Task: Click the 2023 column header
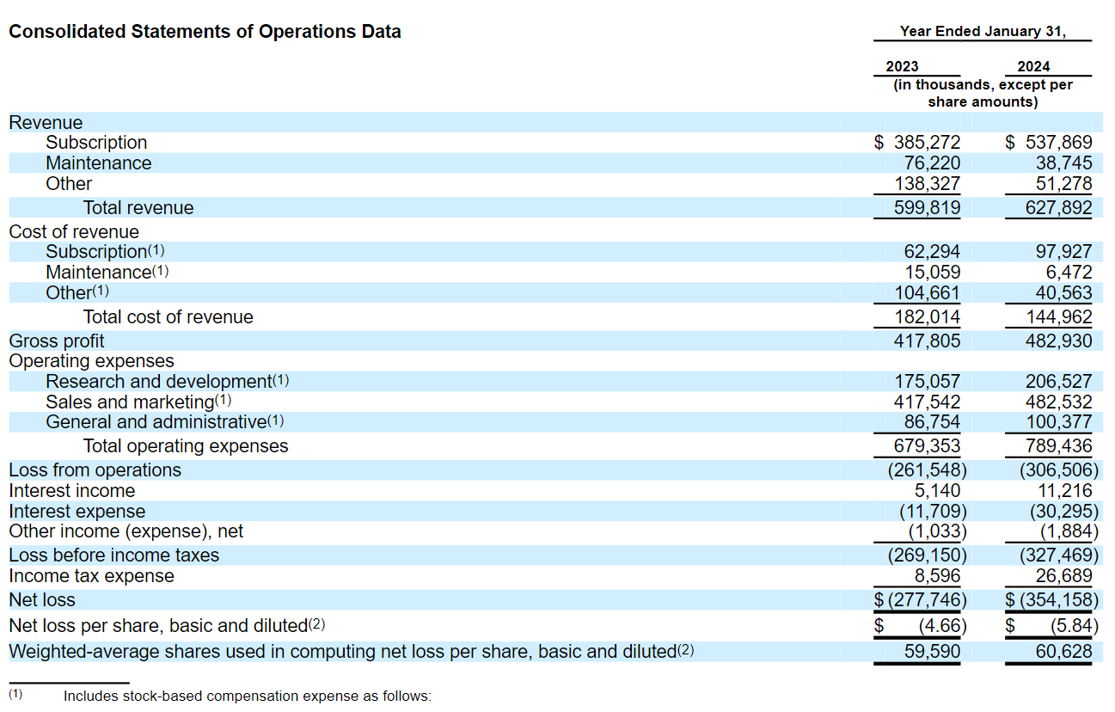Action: point(902,66)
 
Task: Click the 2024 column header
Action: point(1033,66)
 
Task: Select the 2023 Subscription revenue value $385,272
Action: point(917,143)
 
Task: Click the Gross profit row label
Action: point(57,341)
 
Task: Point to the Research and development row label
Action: point(158,381)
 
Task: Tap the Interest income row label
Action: point(72,491)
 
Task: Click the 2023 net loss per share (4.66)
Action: point(942,626)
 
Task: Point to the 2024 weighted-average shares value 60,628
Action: point(1063,652)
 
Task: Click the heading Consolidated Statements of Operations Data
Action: point(205,32)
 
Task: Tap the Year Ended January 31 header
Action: point(983,32)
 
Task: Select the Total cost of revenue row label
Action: point(168,317)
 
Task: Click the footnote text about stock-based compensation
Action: point(247,696)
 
